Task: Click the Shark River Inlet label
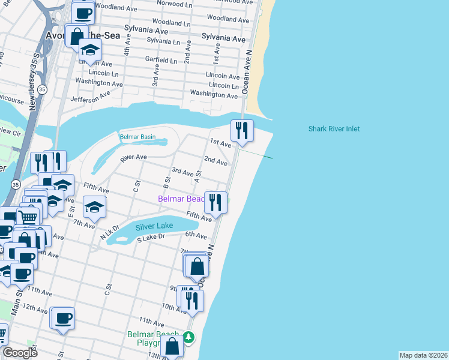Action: point(334,129)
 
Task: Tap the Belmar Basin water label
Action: point(137,137)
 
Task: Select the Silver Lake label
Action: point(154,226)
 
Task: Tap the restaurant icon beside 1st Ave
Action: point(242,130)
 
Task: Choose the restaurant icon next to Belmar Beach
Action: point(215,202)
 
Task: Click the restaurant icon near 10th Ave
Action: point(192,300)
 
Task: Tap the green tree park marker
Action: point(188,338)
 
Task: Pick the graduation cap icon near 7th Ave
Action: point(94,207)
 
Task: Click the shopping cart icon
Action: point(28,217)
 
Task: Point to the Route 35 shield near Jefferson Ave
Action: point(41,89)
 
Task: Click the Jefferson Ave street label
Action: point(91,98)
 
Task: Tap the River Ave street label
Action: point(133,158)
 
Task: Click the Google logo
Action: point(20,353)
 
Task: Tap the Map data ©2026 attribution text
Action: point(423,355)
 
